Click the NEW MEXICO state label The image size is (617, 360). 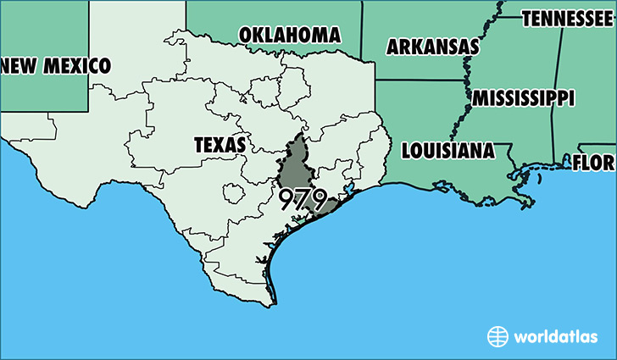(55, 64)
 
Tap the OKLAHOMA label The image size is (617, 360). (290, 35)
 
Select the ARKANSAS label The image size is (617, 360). (432, 47)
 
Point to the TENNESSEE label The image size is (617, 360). (569, 18)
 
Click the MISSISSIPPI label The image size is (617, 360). (523, 97)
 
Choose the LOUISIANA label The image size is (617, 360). (447, 151)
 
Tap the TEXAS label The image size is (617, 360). (220, 145)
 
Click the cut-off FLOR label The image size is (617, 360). (593, 162)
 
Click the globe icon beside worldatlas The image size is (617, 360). (497, 336)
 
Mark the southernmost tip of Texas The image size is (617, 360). (273, 304)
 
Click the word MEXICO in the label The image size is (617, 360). (78, 64)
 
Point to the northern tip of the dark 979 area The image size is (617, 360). (298, 134)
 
